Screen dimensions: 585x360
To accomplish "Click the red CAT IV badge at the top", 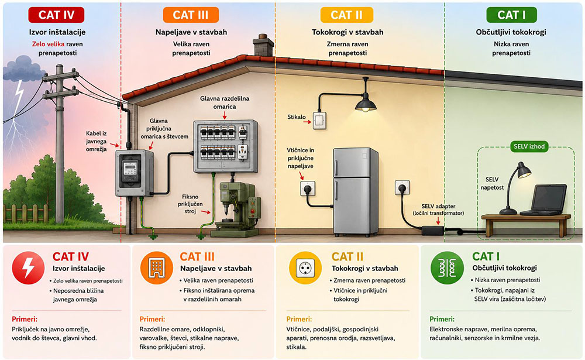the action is [x=56, y=15].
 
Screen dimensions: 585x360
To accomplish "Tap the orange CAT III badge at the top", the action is [x=191, y=15].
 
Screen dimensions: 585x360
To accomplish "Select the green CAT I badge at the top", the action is [x=511, y=15].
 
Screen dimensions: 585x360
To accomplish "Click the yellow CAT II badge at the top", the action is [x=346, y=15].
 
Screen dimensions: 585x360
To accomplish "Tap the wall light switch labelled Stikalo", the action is [x=319, y=121].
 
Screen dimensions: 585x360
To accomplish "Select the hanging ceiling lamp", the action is [x=366, y=100].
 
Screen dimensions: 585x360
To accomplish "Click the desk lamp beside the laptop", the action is [x=515, y=188].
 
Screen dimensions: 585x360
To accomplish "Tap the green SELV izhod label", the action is [x=529, y=146].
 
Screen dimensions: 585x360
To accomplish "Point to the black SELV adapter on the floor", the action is [x=433, y=230].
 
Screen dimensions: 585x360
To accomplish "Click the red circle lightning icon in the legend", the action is [x=28, y=268].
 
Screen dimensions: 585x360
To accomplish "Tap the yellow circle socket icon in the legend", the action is [x=305, y=268].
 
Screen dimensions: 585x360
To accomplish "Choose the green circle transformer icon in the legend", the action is [x=447, y=268].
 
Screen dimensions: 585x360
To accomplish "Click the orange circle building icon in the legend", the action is [x=157, y=268].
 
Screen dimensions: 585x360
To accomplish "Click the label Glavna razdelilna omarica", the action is [x=225, y=102].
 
